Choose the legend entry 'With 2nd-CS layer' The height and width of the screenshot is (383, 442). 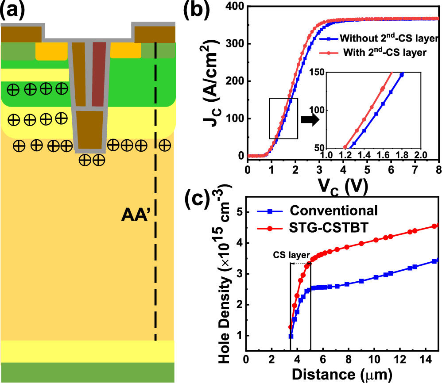point(379,53)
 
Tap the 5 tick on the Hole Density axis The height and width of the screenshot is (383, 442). point(240,212)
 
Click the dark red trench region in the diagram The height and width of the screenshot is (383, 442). point(99,74)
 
